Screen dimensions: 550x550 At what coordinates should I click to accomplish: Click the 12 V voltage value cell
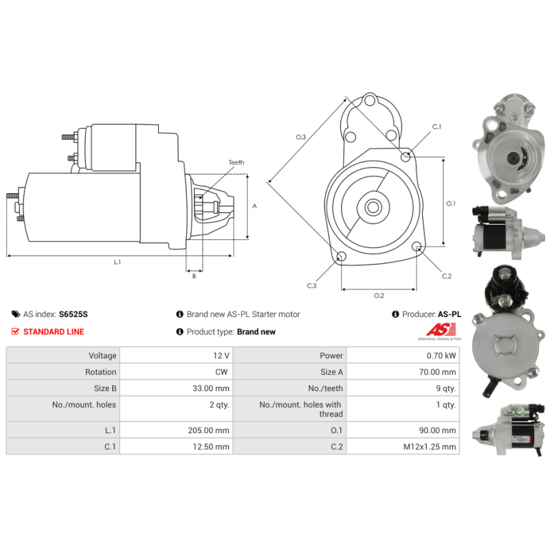pyautogui.click(x=176, y=355)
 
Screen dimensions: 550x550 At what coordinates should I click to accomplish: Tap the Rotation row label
pyautogui.click(x=100, y=372)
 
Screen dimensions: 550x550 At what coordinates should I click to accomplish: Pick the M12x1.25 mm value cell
pyautogui.click(x=403, y=446)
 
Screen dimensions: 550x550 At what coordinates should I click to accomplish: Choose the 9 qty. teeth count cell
pyautogui.click(x=403, y=388)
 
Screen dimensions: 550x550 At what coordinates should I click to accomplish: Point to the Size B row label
pyautogui.click(x=105, y=388)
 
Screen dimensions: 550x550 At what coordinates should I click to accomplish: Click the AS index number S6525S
pyautogui.click(x=74, y=314)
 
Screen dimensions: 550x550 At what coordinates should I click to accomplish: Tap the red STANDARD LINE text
pyautogui.click(x=54, y=331)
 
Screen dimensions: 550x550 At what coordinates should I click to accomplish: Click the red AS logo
pyautogui.click(x=441, y=330)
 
